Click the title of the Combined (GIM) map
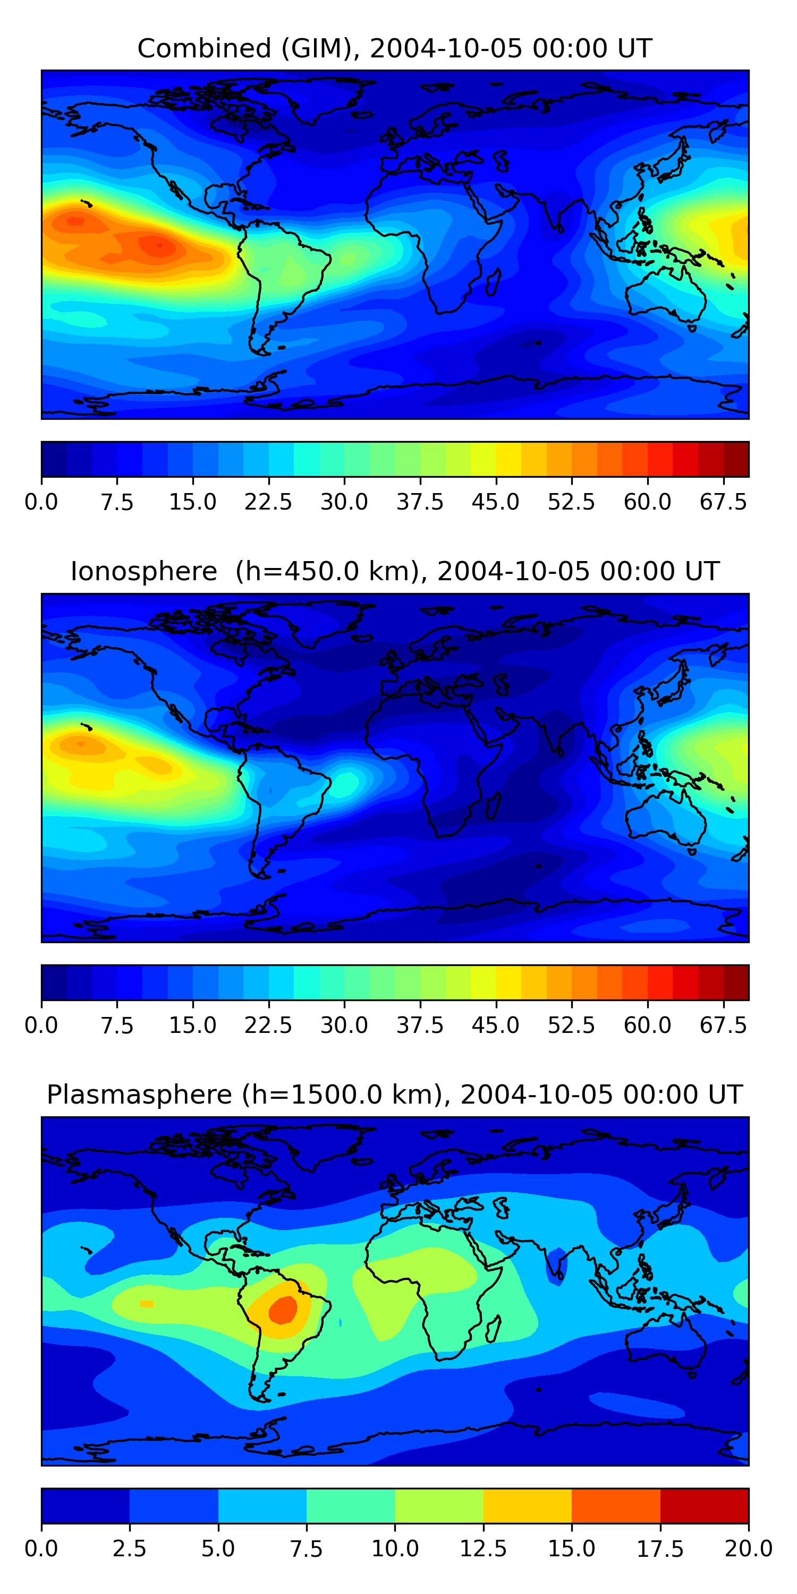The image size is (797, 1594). click(395, 48)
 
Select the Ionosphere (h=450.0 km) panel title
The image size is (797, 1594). click(395, 571)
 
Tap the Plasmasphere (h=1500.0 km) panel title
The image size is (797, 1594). click(395, 1095)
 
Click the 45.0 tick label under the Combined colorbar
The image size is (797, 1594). click(496, 502)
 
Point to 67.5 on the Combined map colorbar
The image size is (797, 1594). click(723, 502)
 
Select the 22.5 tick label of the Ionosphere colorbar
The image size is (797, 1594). click(268, 1025)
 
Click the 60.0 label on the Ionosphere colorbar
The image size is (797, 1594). click(647, 1025)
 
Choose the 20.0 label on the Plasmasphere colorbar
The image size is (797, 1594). click(748, 1549)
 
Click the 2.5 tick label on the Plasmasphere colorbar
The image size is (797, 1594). click(129, 1549)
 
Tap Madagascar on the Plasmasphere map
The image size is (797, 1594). click(493, 1328)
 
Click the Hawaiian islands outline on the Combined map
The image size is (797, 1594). click(86, 202)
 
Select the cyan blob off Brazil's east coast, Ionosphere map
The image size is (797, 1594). click(345, 783)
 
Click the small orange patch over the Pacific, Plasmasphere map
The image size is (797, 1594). click(147, 1304)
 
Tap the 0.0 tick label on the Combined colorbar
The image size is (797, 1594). click(41, 502)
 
